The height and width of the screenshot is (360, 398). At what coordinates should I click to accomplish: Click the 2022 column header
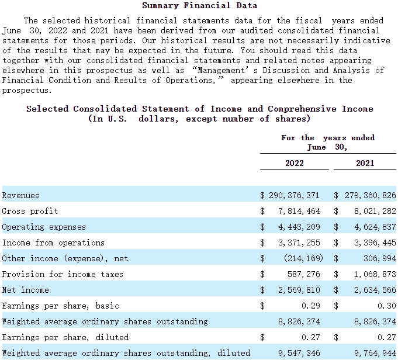click(x=295, y=162)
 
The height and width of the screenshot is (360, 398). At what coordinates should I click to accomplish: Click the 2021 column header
click(x=365, y=162)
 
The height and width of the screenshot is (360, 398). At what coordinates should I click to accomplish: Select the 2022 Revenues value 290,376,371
click(x=294, y=195)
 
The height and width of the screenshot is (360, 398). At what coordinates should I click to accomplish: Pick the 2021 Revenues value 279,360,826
click(x=371, y=195)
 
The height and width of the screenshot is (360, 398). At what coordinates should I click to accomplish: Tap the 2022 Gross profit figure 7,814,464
click(x=299, y=211)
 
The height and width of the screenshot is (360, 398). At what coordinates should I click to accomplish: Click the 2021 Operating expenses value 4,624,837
click(x=375, y=227)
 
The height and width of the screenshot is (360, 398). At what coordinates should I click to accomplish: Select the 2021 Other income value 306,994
click(x=380, y=258)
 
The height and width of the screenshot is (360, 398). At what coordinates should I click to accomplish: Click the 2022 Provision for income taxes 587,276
click(x=304, y=274)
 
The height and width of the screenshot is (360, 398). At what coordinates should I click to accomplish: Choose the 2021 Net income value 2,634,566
click(x=375, y=290)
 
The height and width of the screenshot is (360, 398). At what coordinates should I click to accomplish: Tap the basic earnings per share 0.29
click(x=311, y=306)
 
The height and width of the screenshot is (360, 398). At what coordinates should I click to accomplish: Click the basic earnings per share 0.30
click(x=387, y=306)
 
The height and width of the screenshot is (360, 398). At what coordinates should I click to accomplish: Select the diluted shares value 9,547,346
click(x=299, y=353)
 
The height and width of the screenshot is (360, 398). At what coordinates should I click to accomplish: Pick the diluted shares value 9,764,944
click(x=375, y=353)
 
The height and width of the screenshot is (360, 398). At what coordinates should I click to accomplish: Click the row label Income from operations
click(x=53, y=243)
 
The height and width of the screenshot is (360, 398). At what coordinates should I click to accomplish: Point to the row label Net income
click(x=25, y=290)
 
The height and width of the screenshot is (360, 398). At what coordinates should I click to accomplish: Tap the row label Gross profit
click(x=30, y=211)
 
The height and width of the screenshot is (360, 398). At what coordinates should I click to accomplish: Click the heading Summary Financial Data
click(x=199, y=5)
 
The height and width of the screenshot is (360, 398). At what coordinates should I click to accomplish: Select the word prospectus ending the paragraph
click(x=27, y=91)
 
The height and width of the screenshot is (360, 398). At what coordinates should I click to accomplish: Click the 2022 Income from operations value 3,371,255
click(x=299, y=243)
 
